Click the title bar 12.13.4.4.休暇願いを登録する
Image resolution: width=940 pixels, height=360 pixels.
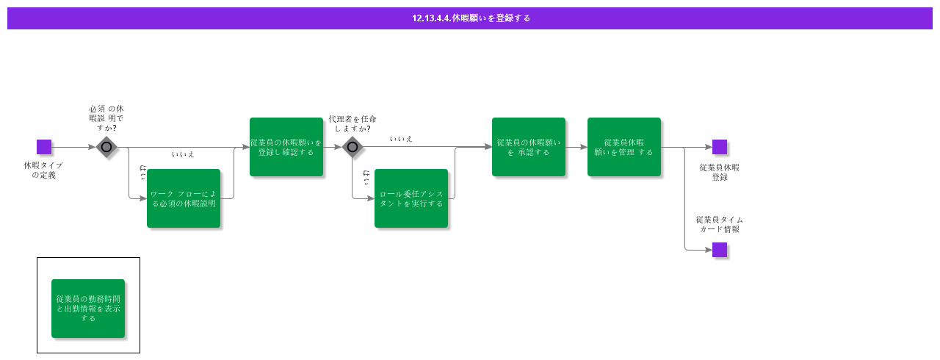click(470, 18)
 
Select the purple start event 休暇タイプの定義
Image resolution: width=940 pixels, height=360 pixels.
click(44, 147)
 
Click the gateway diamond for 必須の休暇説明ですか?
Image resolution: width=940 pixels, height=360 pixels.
click(106, 147)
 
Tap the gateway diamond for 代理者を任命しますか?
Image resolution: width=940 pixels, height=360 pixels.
click(352, 147)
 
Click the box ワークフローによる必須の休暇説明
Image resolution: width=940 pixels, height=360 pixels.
click(184, 198)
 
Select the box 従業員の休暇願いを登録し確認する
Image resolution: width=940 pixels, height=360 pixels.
click(286, 147)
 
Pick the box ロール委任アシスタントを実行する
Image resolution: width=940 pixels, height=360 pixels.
click(411, 198)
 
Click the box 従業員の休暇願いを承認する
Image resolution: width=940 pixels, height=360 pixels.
click(529, 147)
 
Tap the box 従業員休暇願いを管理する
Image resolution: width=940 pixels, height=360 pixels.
click(624, 147)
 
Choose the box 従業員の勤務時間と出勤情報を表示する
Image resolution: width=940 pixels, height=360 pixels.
click(88, 309)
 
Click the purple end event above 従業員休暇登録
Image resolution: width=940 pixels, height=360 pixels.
click(720, 147)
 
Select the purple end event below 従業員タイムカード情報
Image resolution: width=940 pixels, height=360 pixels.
click(720, 250)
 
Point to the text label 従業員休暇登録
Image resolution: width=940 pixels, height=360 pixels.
click(720, 172)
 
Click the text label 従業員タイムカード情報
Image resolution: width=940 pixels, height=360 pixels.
click(720, 224)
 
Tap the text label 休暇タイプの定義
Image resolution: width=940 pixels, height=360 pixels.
click(43, 170)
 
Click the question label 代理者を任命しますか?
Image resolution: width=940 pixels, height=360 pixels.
click(352, 123)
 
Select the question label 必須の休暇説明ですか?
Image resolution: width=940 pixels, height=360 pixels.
click(106, 118)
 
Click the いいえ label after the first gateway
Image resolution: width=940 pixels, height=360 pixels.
click(183, 154)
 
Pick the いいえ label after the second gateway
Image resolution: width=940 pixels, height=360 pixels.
click(401, 139)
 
